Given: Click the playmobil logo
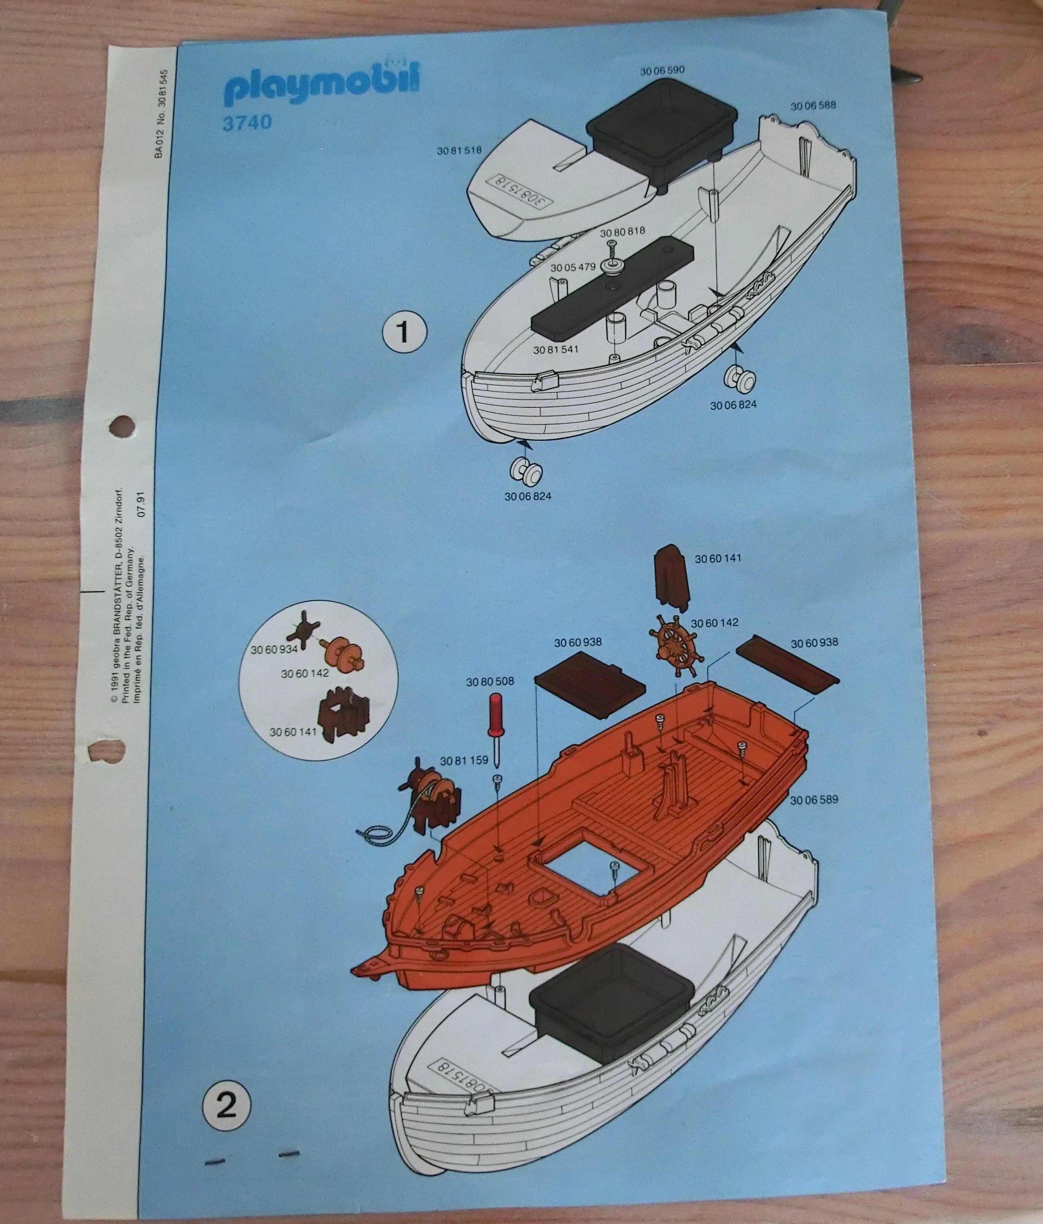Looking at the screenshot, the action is (x=322, y=84).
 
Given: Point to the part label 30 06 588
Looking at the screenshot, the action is (x=813, y=106).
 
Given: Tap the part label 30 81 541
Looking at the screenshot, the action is (x=555, y=350).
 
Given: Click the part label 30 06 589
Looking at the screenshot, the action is (x=814, y=800).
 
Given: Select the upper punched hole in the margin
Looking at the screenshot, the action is (x=121, y=423).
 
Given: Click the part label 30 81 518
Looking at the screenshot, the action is (x=460, y=151).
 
